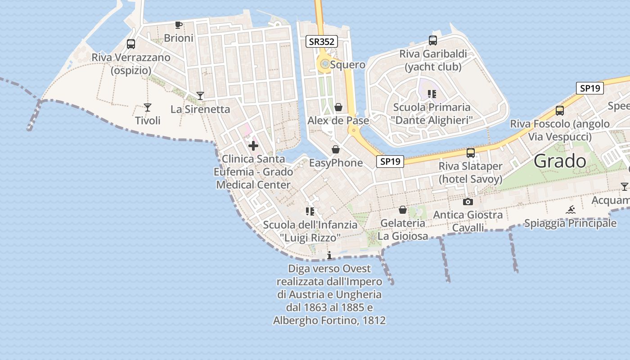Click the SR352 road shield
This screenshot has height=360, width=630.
(322, 42)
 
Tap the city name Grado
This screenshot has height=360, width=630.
(560, 161)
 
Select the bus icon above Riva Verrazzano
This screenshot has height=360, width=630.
(131, 44)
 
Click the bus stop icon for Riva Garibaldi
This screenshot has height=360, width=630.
(433, 40)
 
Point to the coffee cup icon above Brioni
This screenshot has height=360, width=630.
(179, 25)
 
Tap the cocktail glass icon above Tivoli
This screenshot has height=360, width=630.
(147, 107)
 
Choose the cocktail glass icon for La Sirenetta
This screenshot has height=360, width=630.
(200, 95)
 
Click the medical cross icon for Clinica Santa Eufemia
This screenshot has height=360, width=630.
(253, 146)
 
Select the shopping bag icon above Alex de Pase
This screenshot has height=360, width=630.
(338, 107)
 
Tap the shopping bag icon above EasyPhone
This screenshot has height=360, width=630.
(336, 149)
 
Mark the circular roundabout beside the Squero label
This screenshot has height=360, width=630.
(324, 64)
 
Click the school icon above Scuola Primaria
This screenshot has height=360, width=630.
(432, 94)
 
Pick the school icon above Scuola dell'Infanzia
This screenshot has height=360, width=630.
(310, 211)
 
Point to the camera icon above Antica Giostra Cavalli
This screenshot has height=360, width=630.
(468, 202)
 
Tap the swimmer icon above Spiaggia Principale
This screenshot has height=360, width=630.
(571, 209)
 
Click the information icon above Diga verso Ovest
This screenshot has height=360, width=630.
(329, 255)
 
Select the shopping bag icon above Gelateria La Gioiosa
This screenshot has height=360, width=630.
(403, 210)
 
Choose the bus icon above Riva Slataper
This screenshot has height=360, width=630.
(471, 153)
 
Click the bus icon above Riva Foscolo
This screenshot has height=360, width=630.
(560, 110)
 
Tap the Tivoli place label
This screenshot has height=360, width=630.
(148, 121)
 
